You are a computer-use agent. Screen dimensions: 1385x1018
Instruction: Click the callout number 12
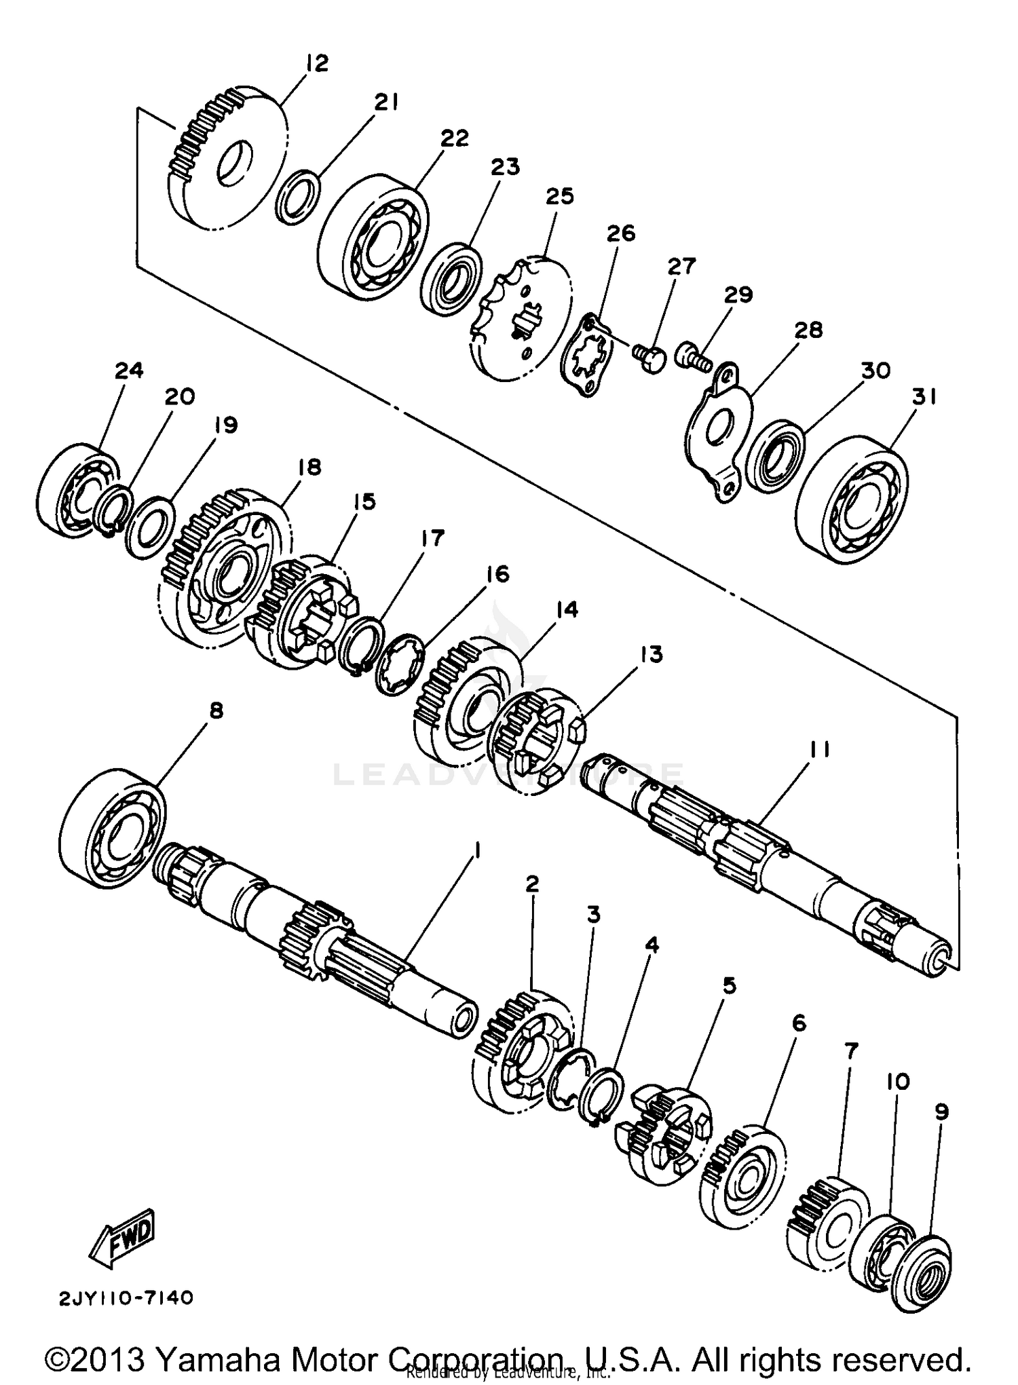[x=316, y=63]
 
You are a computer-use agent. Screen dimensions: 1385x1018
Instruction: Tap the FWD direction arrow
[x=123, y=1235]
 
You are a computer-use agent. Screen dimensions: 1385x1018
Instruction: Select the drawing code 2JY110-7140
[x=126, y=1298]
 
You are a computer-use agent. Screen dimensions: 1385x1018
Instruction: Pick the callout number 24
[x=129, y=371]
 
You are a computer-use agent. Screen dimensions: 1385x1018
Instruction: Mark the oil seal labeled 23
[x=452, y=279]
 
